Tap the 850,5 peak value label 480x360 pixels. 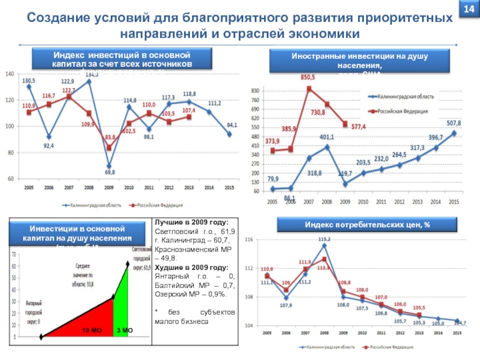click(308, 77)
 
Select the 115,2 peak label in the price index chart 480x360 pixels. click(324, 239)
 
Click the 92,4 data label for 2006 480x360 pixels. click(47, 145)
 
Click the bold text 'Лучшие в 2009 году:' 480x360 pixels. click(187, 222)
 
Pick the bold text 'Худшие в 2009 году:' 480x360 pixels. click(187, 268)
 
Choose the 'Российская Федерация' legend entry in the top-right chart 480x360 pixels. click(401, 111)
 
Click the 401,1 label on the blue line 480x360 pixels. click(326, 137)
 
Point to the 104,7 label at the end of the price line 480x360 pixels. click(459, 323)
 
